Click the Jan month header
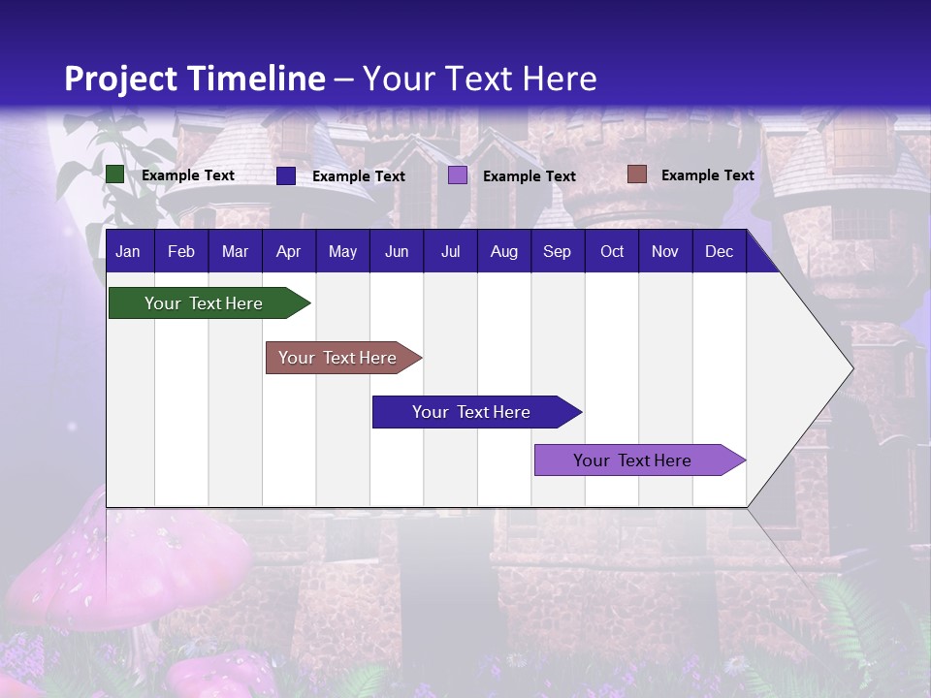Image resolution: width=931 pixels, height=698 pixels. point(128,252)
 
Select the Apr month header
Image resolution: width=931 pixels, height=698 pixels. point(288,252)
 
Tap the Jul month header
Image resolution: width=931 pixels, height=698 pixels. point(450,252)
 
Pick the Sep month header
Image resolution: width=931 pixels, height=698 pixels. point(557,252)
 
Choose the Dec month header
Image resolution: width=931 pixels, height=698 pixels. point(719,252)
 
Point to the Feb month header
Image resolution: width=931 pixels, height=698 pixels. point(181,252)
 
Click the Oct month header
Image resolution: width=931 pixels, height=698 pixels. point(612,252)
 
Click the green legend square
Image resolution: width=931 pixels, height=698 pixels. point(115,174)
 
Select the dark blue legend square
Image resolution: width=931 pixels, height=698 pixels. point(286,175)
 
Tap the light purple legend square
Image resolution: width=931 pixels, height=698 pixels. point(458,175)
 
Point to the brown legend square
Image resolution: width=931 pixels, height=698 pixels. point(636,174)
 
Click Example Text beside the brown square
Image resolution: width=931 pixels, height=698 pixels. point(707,175)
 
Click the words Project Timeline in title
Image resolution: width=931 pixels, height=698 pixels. point(195,79)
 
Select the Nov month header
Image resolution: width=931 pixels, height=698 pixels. point(665,252)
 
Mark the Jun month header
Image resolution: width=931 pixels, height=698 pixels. point(397,252)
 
